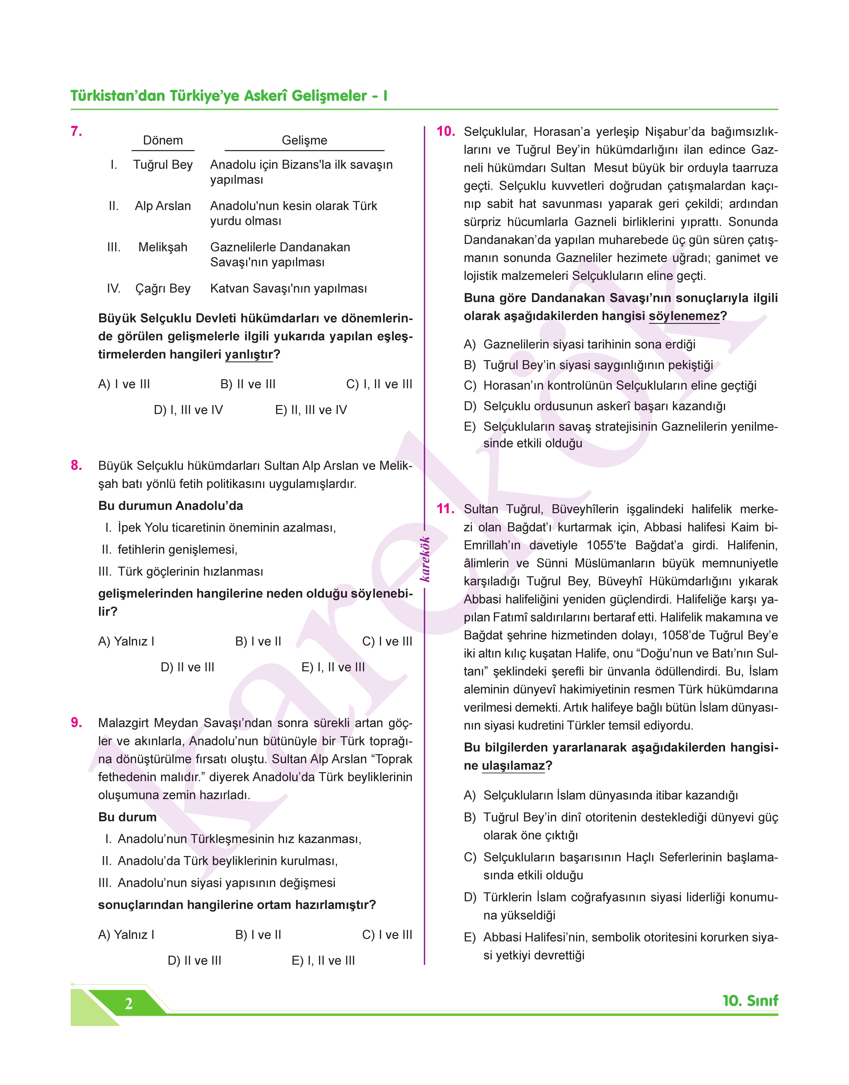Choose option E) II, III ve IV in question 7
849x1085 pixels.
(x=311, y=410)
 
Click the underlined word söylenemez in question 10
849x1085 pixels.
(x=684, y=316)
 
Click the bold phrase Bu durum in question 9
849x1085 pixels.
(x=127, y=817)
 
